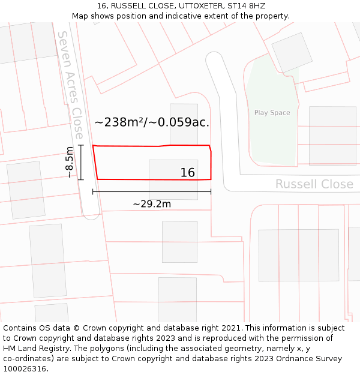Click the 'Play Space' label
point(272,113)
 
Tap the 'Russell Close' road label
point(314,184)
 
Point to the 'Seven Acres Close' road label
point(71,85)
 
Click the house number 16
point(188,173)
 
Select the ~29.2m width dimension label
point(152,204)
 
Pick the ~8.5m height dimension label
point(70,163)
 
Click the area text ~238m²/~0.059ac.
point(152,122)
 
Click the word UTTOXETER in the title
point(193,6)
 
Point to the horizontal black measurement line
point(152,192)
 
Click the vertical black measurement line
point(81,162)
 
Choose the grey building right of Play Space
point(332,136)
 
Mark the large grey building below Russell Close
point(298,255)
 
